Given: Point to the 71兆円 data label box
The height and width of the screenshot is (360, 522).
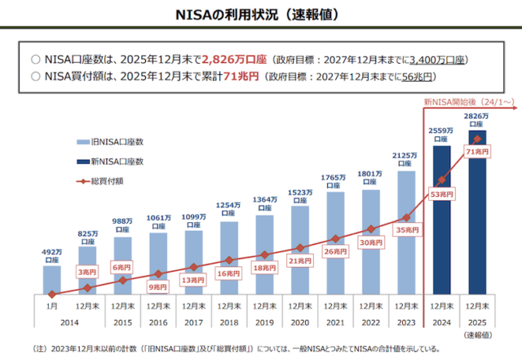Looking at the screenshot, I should coord(476,151).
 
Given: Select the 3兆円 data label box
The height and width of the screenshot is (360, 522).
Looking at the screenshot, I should coord(87,270).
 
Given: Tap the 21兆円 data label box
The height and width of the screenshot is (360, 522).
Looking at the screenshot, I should coord(299,260).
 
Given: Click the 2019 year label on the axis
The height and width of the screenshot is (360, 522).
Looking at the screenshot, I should coord(263,322).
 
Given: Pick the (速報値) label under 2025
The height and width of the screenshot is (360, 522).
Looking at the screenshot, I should coord(477,334).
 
